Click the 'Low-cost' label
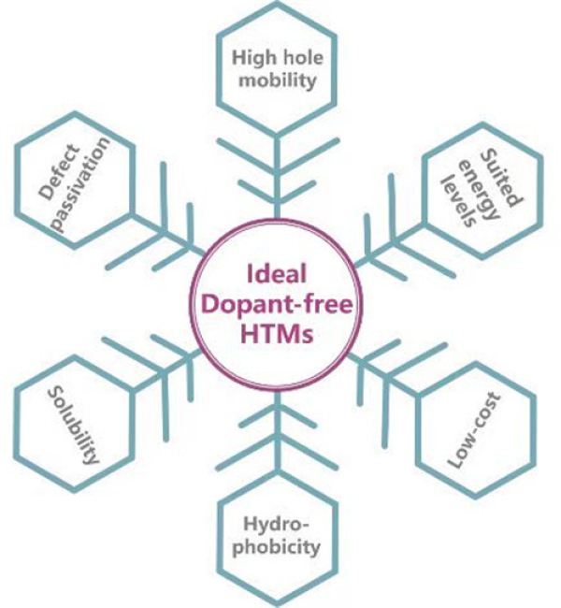[471, 432]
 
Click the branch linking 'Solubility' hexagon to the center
[168, 369]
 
